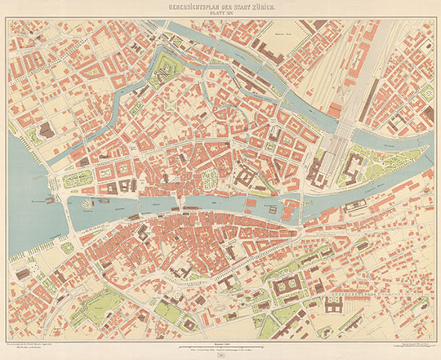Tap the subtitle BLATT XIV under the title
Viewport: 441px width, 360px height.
(x=220, y=13)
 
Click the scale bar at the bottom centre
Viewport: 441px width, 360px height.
(x=220, y=336)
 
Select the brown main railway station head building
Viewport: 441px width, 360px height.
(x=318, y=169)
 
